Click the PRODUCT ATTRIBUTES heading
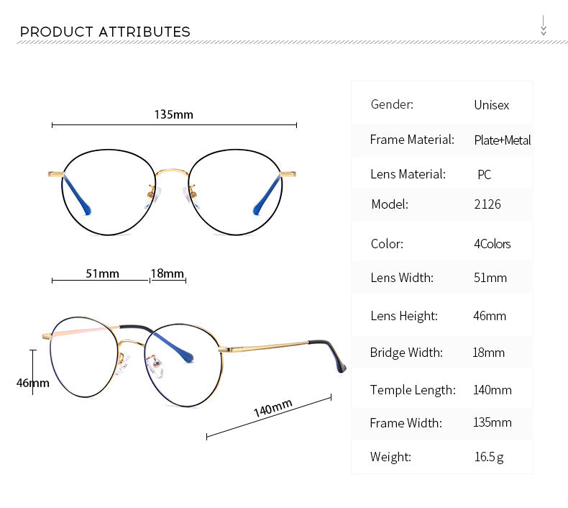pyautogui.click(x=105, y=32)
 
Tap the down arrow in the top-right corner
pyautogui.click(x=544, y=25)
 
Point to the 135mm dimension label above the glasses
pyautogui.click(x=173, y=114)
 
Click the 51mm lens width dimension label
pyautogui.click(x=102, y=273)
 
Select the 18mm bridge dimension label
pyautogui.click(x=167, y=273)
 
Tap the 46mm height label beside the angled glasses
pyautogui.click(x=32, y=383)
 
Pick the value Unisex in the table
pyautogui.click(x=491, y=105)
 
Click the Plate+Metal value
pyautogui.click(x=502, y=140)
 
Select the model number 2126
pyautogui.click(x=487, y=204)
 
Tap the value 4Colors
pyautogui.click(x=492, y=244)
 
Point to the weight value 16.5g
pyautogui.click(x=488, y=457)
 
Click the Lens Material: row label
pyautogui.click(x=408, y=174)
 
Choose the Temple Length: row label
pyautogui.click(x=413, y=390)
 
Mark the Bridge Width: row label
pyautogui.click(x=406, y=353)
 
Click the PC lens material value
pyautogui.click(x=484, y=175)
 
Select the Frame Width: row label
pyautogui.click(x=406, y=423)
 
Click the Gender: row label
pyautogui.click(x=392, y=104)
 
